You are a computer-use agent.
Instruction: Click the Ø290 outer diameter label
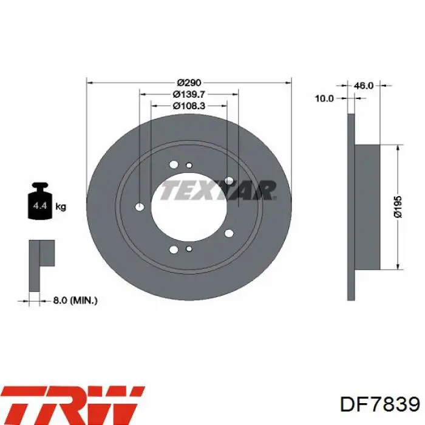[189, 82]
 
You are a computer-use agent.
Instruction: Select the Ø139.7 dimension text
[189, 94]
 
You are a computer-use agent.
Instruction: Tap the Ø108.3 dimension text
[189, 106]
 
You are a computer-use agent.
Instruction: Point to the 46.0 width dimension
[364, 86]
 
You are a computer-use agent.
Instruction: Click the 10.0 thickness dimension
[324, 98]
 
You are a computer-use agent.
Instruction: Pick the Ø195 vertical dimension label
[398, 207]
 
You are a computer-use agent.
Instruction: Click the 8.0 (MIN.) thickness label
[75, 301]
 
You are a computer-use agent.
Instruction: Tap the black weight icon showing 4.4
[39, 201]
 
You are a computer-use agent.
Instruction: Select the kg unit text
[61, 207]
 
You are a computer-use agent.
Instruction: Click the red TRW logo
[73, 403]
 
